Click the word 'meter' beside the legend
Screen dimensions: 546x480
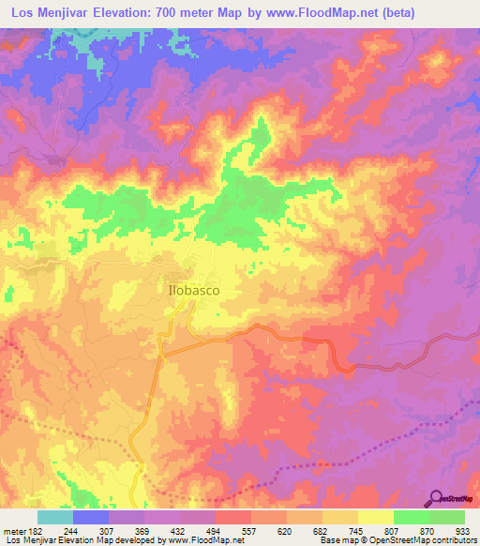pyautogui.click(x=16, y=530)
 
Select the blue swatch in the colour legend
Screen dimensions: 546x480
pyautogui.click(x=91, y=517)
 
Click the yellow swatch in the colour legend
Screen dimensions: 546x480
pyautogui.click(x=374, y=517)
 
